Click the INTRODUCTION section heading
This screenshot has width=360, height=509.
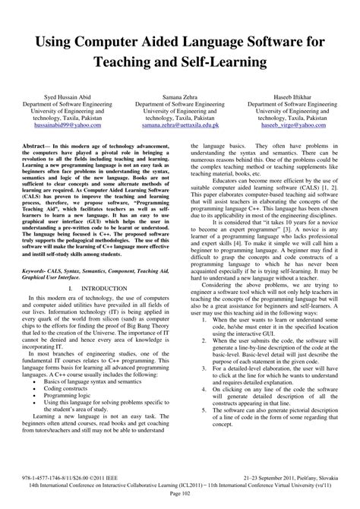tap(100, 311)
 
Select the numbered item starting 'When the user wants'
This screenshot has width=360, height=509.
tap(269, 362)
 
